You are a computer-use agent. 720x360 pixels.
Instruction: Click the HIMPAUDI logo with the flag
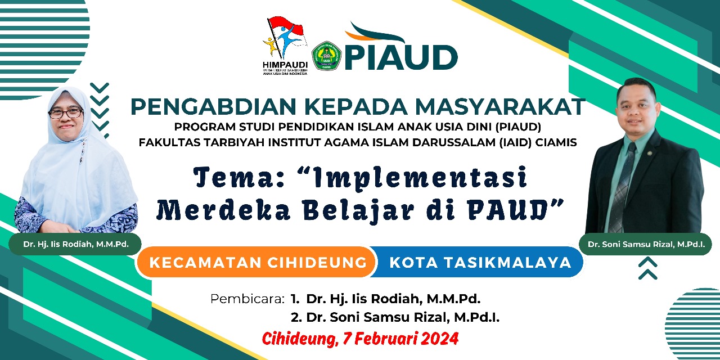pos(285,46)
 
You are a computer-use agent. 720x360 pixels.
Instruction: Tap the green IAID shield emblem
pos(327,56)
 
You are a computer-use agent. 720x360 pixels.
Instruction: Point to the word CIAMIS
pos(556,142)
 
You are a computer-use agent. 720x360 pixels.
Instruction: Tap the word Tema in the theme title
pos(240,177)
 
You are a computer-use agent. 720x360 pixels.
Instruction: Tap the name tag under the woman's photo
pos(75,244)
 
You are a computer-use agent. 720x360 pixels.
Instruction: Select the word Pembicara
pos(247,299)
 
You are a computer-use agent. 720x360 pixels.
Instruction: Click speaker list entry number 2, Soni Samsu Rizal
pos(395,318)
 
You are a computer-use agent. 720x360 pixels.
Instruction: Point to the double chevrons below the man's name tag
pos(647,268)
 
